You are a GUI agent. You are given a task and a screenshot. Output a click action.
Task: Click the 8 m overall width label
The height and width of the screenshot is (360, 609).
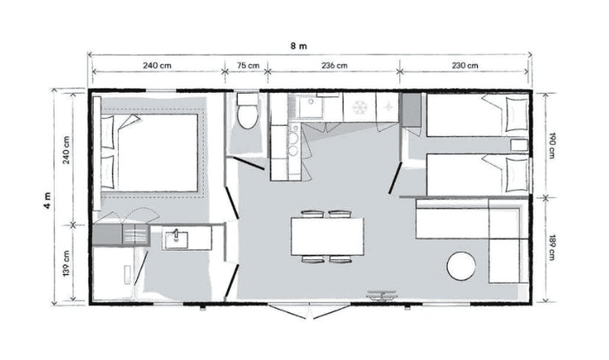tap(298, 46)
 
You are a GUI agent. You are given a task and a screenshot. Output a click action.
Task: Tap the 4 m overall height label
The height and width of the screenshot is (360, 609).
tap(48, 200)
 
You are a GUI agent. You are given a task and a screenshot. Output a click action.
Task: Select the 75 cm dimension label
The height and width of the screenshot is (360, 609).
tap(248, 65)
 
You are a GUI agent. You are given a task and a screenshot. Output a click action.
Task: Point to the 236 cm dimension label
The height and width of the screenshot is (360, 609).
tap(334, 65)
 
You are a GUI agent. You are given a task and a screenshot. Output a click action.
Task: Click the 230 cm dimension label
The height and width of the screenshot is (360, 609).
tap(465, 65)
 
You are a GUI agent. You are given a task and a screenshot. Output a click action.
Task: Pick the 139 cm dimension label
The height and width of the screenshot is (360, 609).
tap(67, 264)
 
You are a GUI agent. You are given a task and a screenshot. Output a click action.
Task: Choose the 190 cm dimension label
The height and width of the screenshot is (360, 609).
tap(552, 146)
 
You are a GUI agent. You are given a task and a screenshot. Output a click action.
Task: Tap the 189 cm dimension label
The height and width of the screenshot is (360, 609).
tap(552, 247)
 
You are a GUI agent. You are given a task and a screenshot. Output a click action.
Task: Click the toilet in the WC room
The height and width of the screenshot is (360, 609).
tap(247, 111)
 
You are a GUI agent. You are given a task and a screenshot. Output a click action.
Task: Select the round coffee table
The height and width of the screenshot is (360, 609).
tap(461, 266)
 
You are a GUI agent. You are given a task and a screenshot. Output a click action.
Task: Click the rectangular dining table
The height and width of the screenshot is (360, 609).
tap(327, 237)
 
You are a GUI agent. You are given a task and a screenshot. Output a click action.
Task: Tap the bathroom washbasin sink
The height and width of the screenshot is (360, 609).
tap(176, 240)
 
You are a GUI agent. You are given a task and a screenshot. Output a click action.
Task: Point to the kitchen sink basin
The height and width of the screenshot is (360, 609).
tap(311, 106)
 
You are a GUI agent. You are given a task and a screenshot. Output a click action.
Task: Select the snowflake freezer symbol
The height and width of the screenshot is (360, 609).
tap(359, 107)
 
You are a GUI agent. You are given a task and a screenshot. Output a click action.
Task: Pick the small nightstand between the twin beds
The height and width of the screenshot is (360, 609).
tap(520, 145)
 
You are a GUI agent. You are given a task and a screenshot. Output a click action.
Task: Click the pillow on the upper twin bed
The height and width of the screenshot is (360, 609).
tap(517, 115)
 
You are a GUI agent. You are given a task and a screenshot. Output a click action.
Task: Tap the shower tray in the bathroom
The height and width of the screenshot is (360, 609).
tap(114, 274)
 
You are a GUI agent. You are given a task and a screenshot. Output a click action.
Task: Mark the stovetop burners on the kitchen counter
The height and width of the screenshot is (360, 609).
tap(293, 143)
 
